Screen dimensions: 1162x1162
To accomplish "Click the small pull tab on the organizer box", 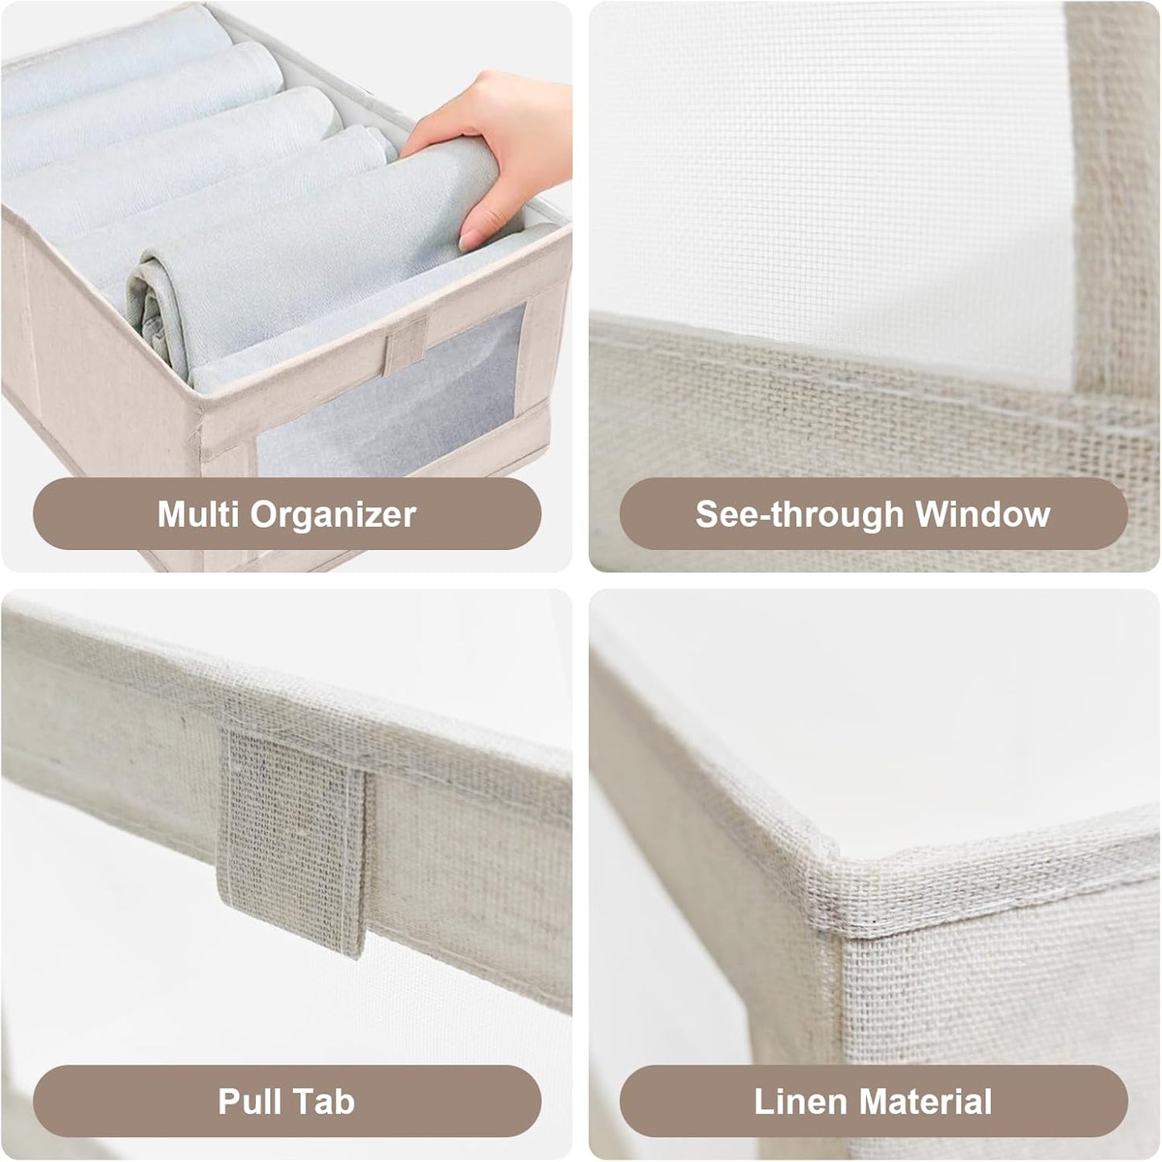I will pyautogui.click(x=404, y=343).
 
